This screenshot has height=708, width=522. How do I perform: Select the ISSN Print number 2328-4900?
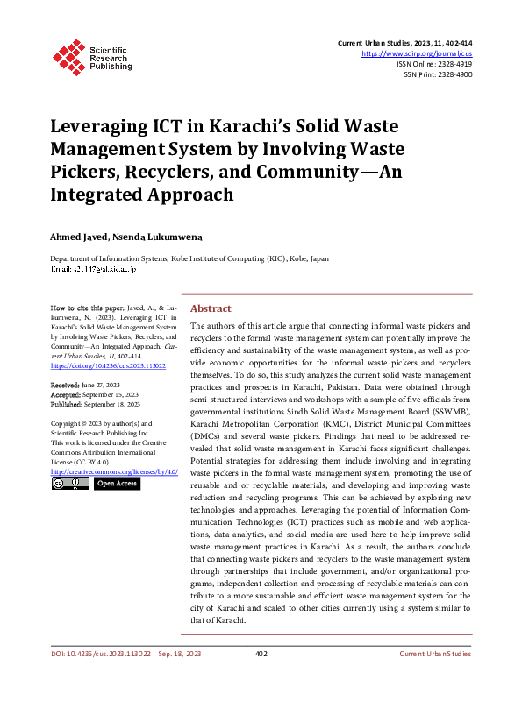[453, 75]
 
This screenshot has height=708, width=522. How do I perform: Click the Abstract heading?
[211, 308]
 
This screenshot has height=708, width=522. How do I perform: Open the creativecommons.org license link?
[114, 471]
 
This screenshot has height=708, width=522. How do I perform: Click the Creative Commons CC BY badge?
[69, 484]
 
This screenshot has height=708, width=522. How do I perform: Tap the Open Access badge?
[117, 484]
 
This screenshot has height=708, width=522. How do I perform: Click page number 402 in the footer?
[261, 678]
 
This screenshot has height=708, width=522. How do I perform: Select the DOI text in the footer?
[100, 678]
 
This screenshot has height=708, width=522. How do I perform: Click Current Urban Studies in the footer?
[434, 678]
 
